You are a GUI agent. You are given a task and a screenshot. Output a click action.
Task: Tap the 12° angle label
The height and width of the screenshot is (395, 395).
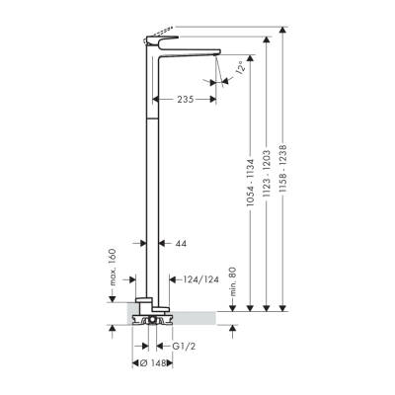click(x=238, y=69)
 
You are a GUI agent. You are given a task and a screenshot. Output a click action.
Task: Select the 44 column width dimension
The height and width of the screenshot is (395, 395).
click(x=180, y=243)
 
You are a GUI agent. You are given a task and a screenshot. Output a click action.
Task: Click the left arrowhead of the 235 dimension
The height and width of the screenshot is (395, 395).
click(x=157, y=99)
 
